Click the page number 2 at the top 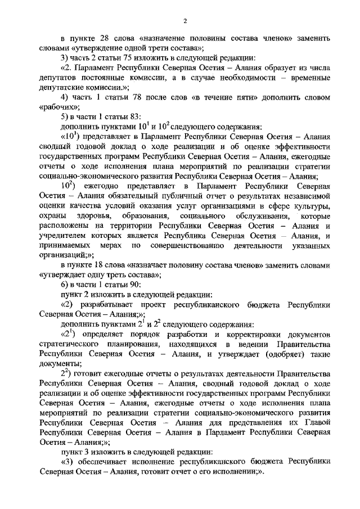click(184, 22)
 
